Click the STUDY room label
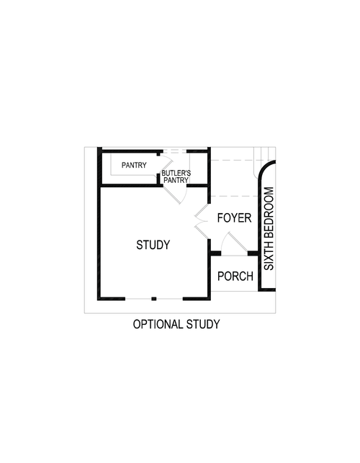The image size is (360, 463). tap(153, 245)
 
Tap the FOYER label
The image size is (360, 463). tap(234, 217)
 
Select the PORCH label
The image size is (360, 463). tap(235, 276)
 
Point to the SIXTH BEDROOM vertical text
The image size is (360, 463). tap(269, 229)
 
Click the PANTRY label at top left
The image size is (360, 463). tap(134, 166)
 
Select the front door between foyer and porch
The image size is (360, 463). tap(233, 247)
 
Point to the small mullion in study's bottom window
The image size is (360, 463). tap(153, 298)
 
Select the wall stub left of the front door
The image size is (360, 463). tap(215, 253)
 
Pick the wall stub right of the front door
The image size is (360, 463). tap(253, 253)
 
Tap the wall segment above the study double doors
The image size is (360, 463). tap(209, 191)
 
